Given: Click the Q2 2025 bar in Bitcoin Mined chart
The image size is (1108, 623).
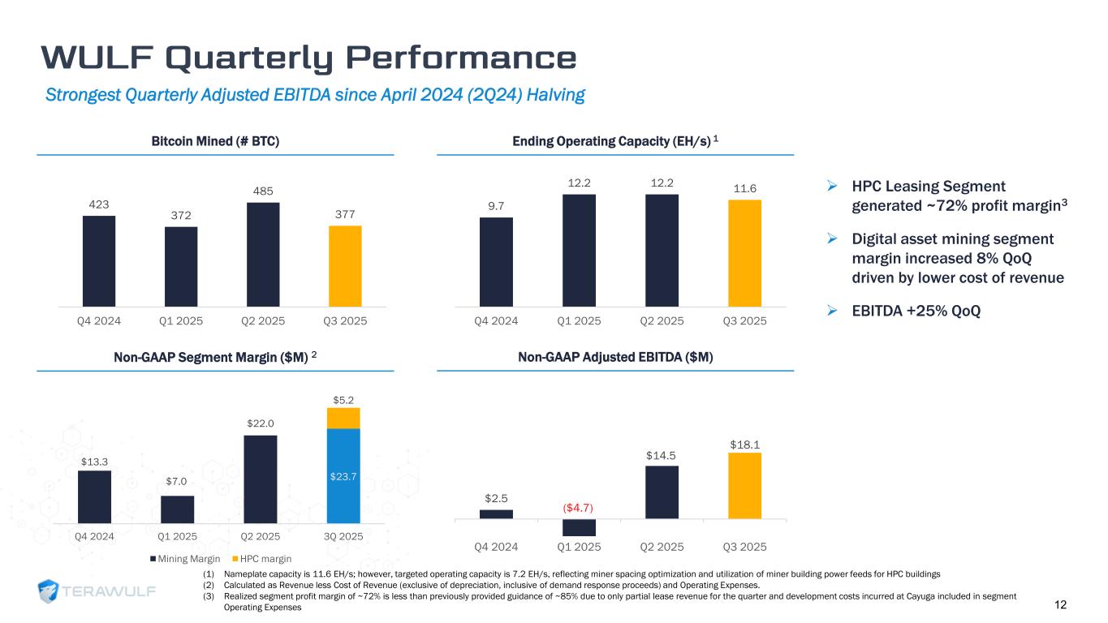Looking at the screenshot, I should click(263, 254).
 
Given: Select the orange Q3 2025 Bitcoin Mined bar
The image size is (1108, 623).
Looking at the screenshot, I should click(345, 265).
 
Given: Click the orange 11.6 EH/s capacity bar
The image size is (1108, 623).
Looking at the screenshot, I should click(744, 252).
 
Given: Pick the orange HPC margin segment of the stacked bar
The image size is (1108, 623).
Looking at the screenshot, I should click(343, 418).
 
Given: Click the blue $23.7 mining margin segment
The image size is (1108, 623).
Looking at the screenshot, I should click(343, 475).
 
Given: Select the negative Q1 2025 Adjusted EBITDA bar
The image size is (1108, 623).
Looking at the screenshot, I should click(579, 527).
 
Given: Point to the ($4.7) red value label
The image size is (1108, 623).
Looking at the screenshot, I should click(579, 508).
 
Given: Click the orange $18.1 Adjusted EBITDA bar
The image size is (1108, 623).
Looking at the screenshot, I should click(744, 485).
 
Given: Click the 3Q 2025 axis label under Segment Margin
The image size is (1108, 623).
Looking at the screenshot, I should click(344, 537).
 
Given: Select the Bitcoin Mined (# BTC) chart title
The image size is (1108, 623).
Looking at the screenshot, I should click(216, 141).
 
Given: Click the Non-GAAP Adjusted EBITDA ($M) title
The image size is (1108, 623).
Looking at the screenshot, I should click(615, 358).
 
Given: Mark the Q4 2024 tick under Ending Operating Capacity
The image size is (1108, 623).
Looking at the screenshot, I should click(496, 321).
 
